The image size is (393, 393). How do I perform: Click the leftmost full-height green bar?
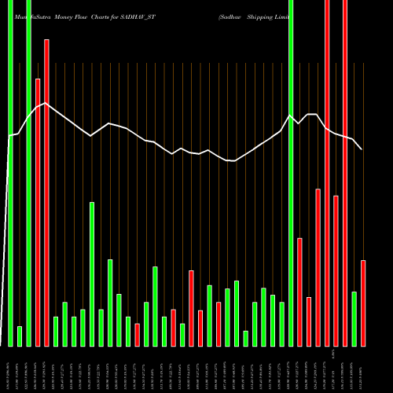(x=11, y=173)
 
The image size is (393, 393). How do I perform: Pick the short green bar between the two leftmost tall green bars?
(x=20, y=336)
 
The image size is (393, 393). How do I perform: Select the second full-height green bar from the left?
(x=28, y=173)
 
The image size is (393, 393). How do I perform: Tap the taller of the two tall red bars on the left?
(x=46, y=193)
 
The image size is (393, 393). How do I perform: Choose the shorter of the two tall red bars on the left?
(x=38, y=212)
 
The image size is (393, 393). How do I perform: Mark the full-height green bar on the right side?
(x=291, y=173)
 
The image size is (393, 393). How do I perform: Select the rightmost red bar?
(x=363, y=303)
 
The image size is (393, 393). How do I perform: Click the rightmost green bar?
(x=354, y=318)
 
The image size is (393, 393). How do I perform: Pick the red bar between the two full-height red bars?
(x=336, y=270)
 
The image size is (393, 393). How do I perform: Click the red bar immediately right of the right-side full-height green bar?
(x=300, y=292)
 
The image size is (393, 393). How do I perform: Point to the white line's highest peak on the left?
(x=46, y=103)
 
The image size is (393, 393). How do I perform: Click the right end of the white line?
(x=362, y=149)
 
